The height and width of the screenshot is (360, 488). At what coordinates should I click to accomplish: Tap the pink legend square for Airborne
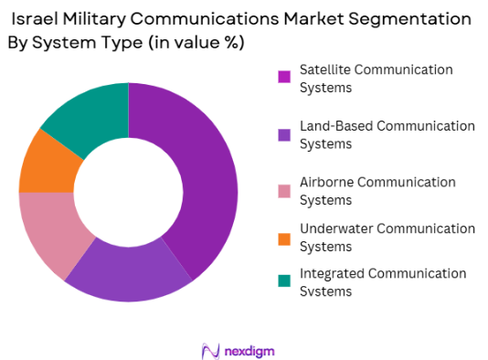click(285, 188)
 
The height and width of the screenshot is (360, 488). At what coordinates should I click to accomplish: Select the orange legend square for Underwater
click(285, 238)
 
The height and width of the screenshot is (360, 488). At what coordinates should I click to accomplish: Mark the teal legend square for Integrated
click(285, 280)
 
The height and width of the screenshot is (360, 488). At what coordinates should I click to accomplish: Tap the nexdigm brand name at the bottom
click(252, 350)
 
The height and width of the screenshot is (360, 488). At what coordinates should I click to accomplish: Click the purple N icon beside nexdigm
click(210, 350)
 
